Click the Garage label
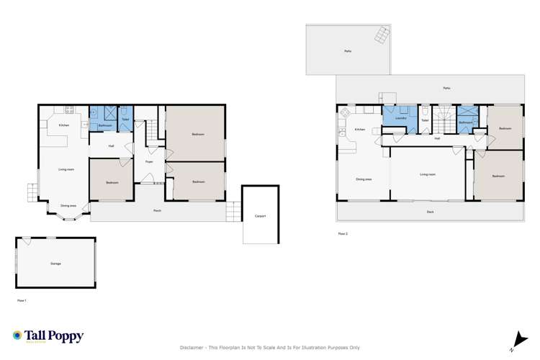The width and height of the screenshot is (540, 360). [55, 264]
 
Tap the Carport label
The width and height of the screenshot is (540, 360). [260, 215]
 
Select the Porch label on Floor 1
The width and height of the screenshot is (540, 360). [157, 210]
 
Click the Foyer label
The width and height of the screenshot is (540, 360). [150, 162]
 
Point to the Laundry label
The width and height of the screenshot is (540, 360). [401, 117]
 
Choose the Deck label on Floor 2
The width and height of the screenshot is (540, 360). [430, 212]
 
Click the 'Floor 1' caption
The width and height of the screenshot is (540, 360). [22, 300]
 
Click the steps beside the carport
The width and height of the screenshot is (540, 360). [233, 211]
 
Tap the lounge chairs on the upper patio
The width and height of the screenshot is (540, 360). [379, 35]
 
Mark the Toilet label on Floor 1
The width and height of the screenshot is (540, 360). [125, 119]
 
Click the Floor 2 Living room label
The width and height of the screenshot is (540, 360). [428, 174]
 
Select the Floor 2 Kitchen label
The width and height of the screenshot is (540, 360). [359, 130]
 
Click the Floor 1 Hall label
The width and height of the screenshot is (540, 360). [112, 146]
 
